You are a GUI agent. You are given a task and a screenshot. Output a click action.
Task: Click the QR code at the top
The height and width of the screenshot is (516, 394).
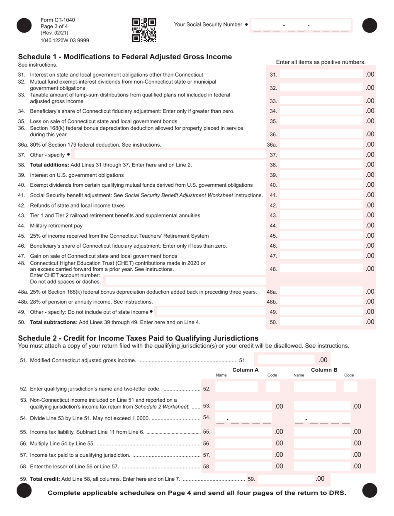click(144, 31)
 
